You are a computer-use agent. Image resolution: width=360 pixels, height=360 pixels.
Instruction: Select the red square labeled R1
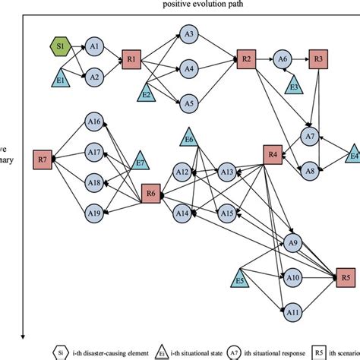click(x=131, y=59)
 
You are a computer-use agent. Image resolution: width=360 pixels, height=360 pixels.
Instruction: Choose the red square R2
click(x=245, y=59)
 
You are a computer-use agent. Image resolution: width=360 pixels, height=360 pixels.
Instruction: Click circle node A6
click(x=283, y=59)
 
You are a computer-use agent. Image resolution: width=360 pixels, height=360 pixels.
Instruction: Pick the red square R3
click(x=319, y=59)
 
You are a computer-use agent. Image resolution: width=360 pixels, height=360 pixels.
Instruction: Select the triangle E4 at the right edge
click(x=352, y=153)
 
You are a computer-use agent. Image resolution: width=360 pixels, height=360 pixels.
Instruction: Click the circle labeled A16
click(x=94, y=122)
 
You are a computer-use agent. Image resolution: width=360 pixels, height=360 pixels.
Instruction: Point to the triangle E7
click(x=140, y=162)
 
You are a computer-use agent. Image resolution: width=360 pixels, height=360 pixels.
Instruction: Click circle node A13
click(x=226, y=173)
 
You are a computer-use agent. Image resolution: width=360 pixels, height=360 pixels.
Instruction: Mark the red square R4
click(x=273, y=154)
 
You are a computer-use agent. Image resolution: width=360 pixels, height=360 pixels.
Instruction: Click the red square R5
click(x=346, y=276)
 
